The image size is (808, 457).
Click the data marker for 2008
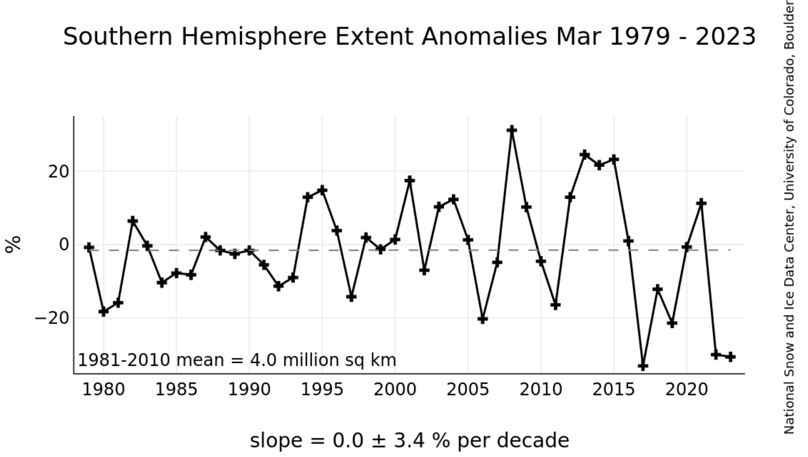(511, 130)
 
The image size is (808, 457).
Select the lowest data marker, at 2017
(643, 366)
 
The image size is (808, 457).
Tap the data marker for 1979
(89, 247)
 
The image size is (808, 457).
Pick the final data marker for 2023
(731, 357)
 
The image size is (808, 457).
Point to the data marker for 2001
(409, 181)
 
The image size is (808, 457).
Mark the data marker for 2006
(482, 319)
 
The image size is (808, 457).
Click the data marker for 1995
(322, 190)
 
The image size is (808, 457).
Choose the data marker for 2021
(701, 203)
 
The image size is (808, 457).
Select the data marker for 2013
(585, 154)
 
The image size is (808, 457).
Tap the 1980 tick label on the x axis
(104, 390)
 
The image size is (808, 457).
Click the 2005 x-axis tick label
(468, 390)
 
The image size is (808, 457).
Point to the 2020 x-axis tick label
(687, 390)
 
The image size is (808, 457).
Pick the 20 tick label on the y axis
(59, 172)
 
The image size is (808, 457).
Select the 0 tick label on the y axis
(64, 244)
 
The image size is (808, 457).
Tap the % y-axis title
(13, 244)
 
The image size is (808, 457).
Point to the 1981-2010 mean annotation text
(237, 360)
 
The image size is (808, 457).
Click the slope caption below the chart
(409, 440)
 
